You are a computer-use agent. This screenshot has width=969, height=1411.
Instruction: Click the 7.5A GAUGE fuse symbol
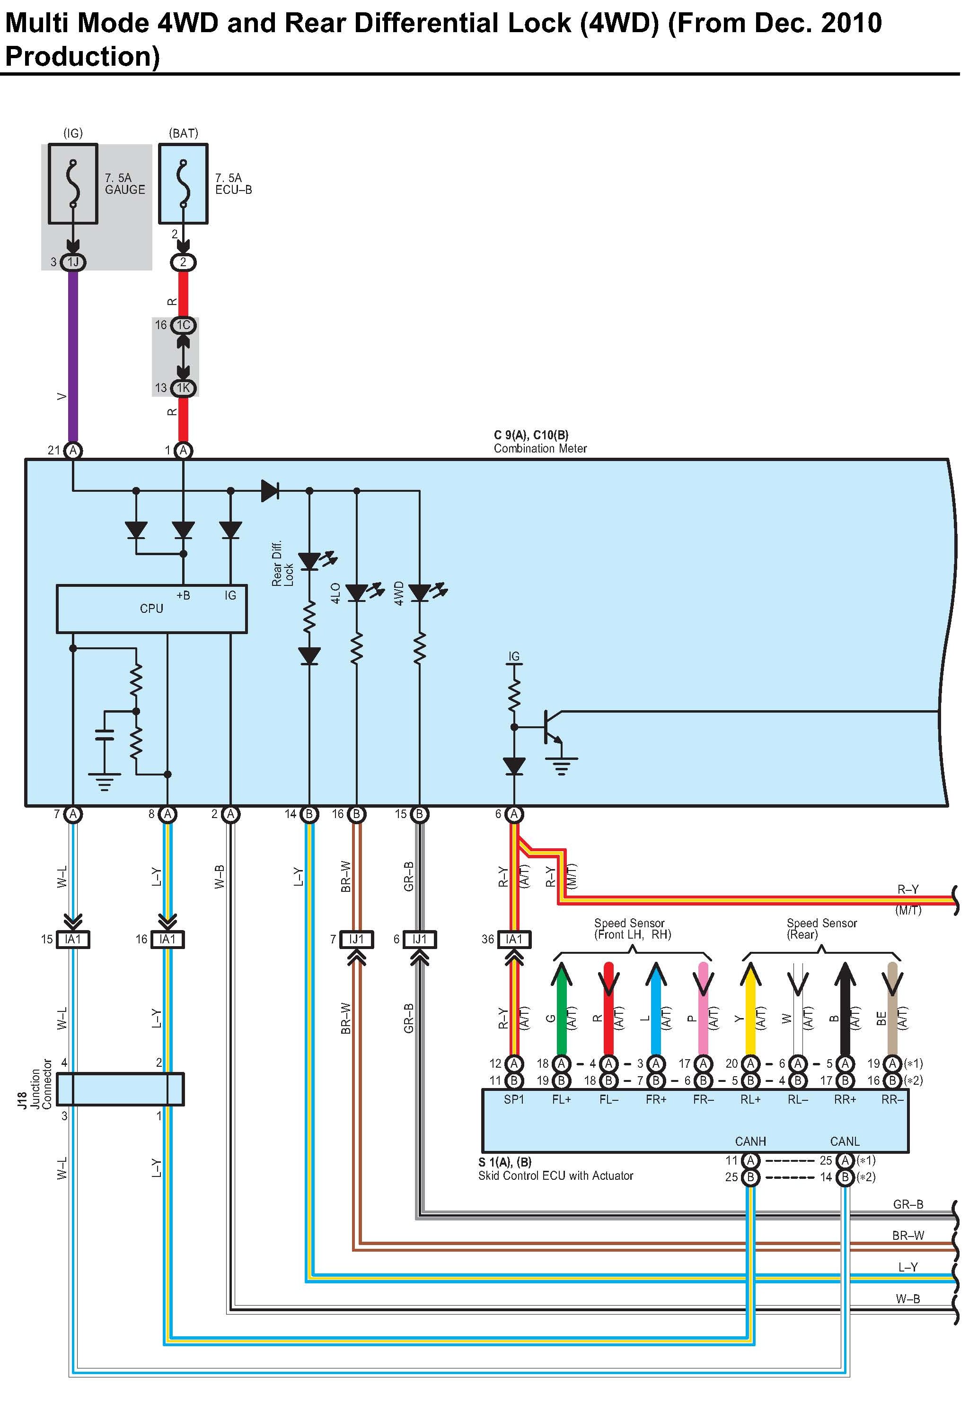click(x=73, y=183)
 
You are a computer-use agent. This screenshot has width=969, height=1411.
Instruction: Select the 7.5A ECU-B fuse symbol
click(x=183, y=183)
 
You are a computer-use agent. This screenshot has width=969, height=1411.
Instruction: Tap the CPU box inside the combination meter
click(x=151, y=609)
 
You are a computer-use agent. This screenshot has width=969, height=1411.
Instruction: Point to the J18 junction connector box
click(x=120, y=1089)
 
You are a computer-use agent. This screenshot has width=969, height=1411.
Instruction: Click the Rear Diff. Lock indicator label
click(x=282, y=564)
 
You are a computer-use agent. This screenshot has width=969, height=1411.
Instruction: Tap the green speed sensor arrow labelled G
click(x=561, y=1008)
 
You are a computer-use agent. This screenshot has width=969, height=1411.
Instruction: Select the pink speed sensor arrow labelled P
click(x=704, y=1008)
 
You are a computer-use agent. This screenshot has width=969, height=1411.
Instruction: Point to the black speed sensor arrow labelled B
click(x=845, y=1008)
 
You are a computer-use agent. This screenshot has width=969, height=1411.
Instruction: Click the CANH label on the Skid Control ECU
click(x=750, y=1141)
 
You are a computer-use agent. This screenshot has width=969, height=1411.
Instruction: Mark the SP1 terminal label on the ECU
click(x=514, y=1099)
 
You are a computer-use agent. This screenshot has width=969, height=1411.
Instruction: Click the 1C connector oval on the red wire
click(x=183, y=325)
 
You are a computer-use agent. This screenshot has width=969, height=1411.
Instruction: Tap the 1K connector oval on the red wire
click(x=183, y=388)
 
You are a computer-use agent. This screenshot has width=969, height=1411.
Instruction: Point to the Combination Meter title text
click(x=540, y=449)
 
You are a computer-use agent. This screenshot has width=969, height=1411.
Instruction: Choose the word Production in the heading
click(x=82, y=56)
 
